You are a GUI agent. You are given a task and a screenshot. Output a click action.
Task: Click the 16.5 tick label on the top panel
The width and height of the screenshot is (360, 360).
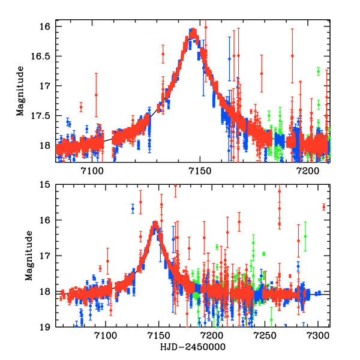click(x=43, y=56)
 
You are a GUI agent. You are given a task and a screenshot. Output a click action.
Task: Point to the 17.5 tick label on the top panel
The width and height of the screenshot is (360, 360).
click(x=43, y=115)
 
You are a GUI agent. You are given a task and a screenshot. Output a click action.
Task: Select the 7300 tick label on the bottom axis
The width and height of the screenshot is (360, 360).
click(x=319, y=338)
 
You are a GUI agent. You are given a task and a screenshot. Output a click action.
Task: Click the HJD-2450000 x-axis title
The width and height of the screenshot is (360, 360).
click(x=193, y=349)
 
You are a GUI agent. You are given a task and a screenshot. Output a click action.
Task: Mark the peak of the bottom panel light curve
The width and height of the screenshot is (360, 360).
click(x=155, y=224)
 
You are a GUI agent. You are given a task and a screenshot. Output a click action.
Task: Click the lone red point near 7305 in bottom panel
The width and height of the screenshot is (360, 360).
click(x=323, y=208)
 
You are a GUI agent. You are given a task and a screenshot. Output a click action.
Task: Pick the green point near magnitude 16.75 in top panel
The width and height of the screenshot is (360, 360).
click(x=318, y=71)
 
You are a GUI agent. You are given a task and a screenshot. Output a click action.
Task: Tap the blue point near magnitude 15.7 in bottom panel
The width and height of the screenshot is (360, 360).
click(x=133, y=209)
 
